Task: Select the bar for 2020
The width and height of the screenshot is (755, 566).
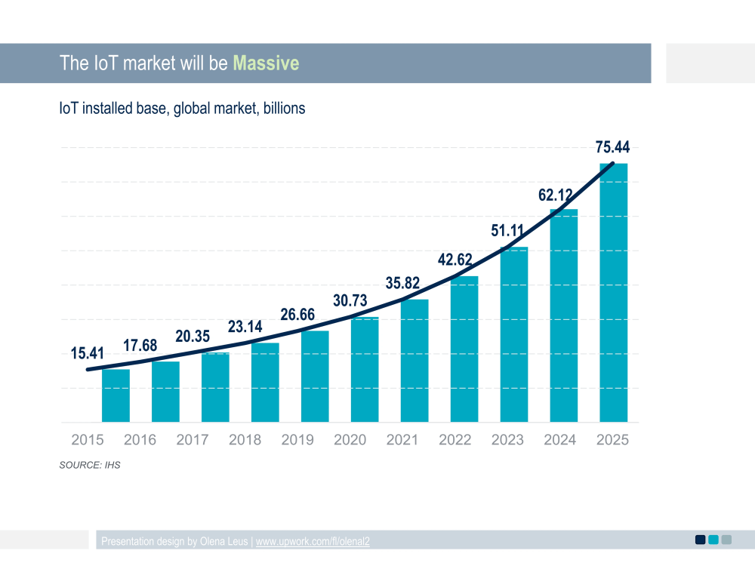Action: tap(365, 370)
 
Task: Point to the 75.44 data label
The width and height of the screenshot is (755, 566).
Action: tap(612, 147)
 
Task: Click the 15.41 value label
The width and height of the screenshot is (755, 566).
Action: tap(88, 352)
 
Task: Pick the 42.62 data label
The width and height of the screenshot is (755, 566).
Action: tap(455, 260)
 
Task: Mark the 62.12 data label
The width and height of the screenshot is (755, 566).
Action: tap(555, 195)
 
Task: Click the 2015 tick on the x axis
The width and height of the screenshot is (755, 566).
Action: tap(88, 440)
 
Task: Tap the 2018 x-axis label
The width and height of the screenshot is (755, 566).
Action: tap(245, 440)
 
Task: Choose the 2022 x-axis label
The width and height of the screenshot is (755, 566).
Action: tap(455, 440)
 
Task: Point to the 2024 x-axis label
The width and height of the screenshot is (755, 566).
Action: tap(559, 440)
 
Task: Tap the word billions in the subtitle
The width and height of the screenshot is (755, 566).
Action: tap(282, 108)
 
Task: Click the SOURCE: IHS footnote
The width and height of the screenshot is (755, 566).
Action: tap(90, 465)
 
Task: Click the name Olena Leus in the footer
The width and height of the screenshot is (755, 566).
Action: tap(225, 541)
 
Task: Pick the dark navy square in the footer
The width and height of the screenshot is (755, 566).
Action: tap(700, 539)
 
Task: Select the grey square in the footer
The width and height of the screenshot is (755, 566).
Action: tap(726, 539)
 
